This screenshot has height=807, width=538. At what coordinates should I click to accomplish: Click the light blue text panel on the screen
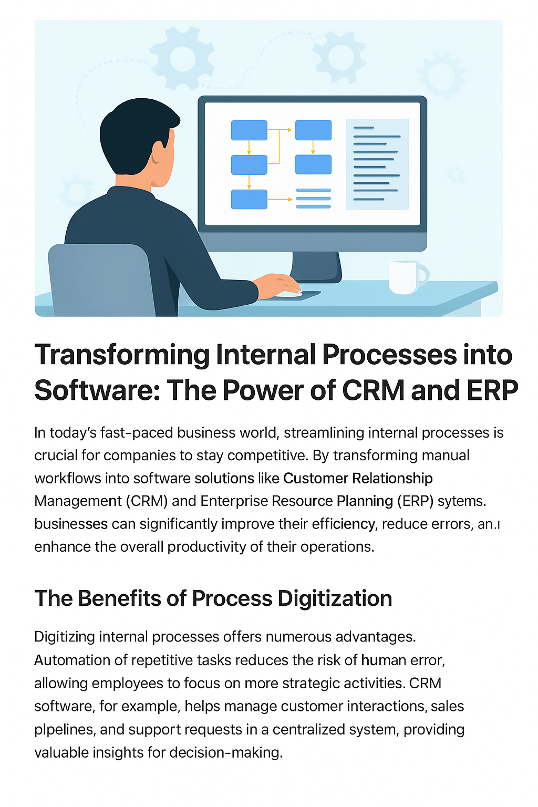click(377, 164)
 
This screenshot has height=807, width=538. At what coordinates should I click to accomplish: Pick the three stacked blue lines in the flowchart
click(313, 199)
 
